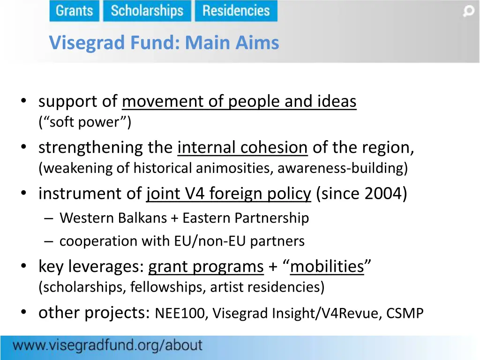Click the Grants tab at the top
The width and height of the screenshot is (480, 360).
click(x=74, y=11)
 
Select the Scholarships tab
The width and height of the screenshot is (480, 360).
click(x=147, y=11)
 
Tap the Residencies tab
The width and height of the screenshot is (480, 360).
click(x=236, y=11)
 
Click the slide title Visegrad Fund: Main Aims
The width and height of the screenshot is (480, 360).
click(x=164, y=43)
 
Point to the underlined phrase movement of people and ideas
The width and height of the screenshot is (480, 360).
click(x=239, y=101)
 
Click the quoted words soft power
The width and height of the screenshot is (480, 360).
click(x=85, y=122)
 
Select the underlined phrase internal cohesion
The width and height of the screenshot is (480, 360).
click(x=242, y=148)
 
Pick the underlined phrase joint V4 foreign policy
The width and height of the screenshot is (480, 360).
click(x=228, y=193)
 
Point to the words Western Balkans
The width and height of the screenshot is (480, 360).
click(x=113, y=218)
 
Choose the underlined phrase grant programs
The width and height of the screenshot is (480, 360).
click(x=206, y=266)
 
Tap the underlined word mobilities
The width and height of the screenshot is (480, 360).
click(x=327, y=266)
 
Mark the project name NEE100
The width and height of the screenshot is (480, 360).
click(x=180, y=313)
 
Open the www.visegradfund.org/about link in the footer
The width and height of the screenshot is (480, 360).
click(x=107, y=346)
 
